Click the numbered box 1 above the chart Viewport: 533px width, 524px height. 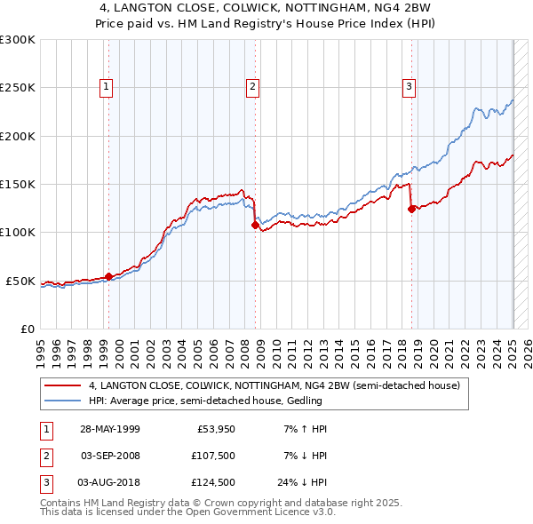(x=106, y=87)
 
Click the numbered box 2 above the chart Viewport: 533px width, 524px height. (x=252, y=87)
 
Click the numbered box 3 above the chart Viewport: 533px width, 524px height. (x=409, y=87)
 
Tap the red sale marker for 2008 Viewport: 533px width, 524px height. (x=255, y=226)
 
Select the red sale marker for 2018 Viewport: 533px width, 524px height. (x=411, y=210)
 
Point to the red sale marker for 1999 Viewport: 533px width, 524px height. (x=109, y=277)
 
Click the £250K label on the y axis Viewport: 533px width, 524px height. (x=17, y=88)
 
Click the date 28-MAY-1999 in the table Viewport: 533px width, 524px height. (x=109, y=429)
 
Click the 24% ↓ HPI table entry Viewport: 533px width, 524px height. (x=302, y=482)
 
